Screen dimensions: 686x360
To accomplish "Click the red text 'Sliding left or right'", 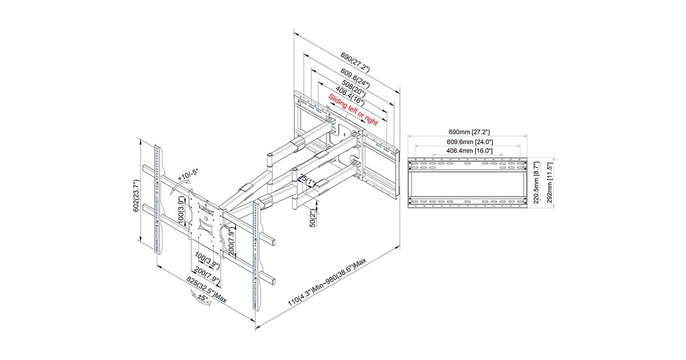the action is click(x=353, y=110).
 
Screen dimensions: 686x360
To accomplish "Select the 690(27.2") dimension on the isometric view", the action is click(x=355, y=63).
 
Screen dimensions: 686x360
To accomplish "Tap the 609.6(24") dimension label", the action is click(x=355, y=78).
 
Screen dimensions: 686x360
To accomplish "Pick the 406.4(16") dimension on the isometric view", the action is click(x=350, y=96).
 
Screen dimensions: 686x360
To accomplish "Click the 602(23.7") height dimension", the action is click(x=136, y=196).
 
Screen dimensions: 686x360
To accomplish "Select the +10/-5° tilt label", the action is click(x=188, y=175).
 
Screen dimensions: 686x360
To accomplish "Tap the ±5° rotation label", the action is click(x=202, y=298).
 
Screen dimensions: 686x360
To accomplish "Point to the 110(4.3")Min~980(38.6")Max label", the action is click(x=327, y=282).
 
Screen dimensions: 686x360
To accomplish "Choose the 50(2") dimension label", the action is click(x=312, y=218).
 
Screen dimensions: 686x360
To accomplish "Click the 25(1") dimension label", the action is click(x=308, y=181).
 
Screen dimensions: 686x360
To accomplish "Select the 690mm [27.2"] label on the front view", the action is click(x=469, y=132).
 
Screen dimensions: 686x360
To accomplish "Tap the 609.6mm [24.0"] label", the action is click(x=470, y=142).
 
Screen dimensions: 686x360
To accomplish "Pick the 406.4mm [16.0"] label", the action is click(x=469, y=151).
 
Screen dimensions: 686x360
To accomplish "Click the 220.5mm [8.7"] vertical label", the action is click(x=536, y=183).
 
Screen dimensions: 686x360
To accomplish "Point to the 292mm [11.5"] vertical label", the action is click(x=550, y=183).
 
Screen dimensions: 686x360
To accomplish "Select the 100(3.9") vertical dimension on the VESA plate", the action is click(x=181, y=211).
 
